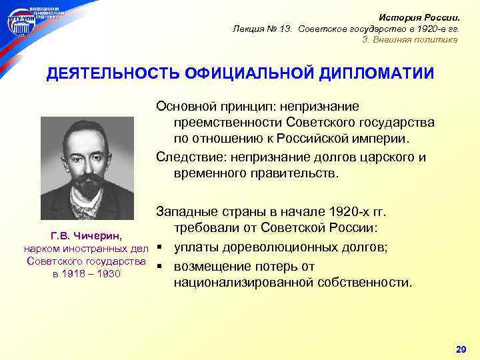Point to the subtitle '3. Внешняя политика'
409,40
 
